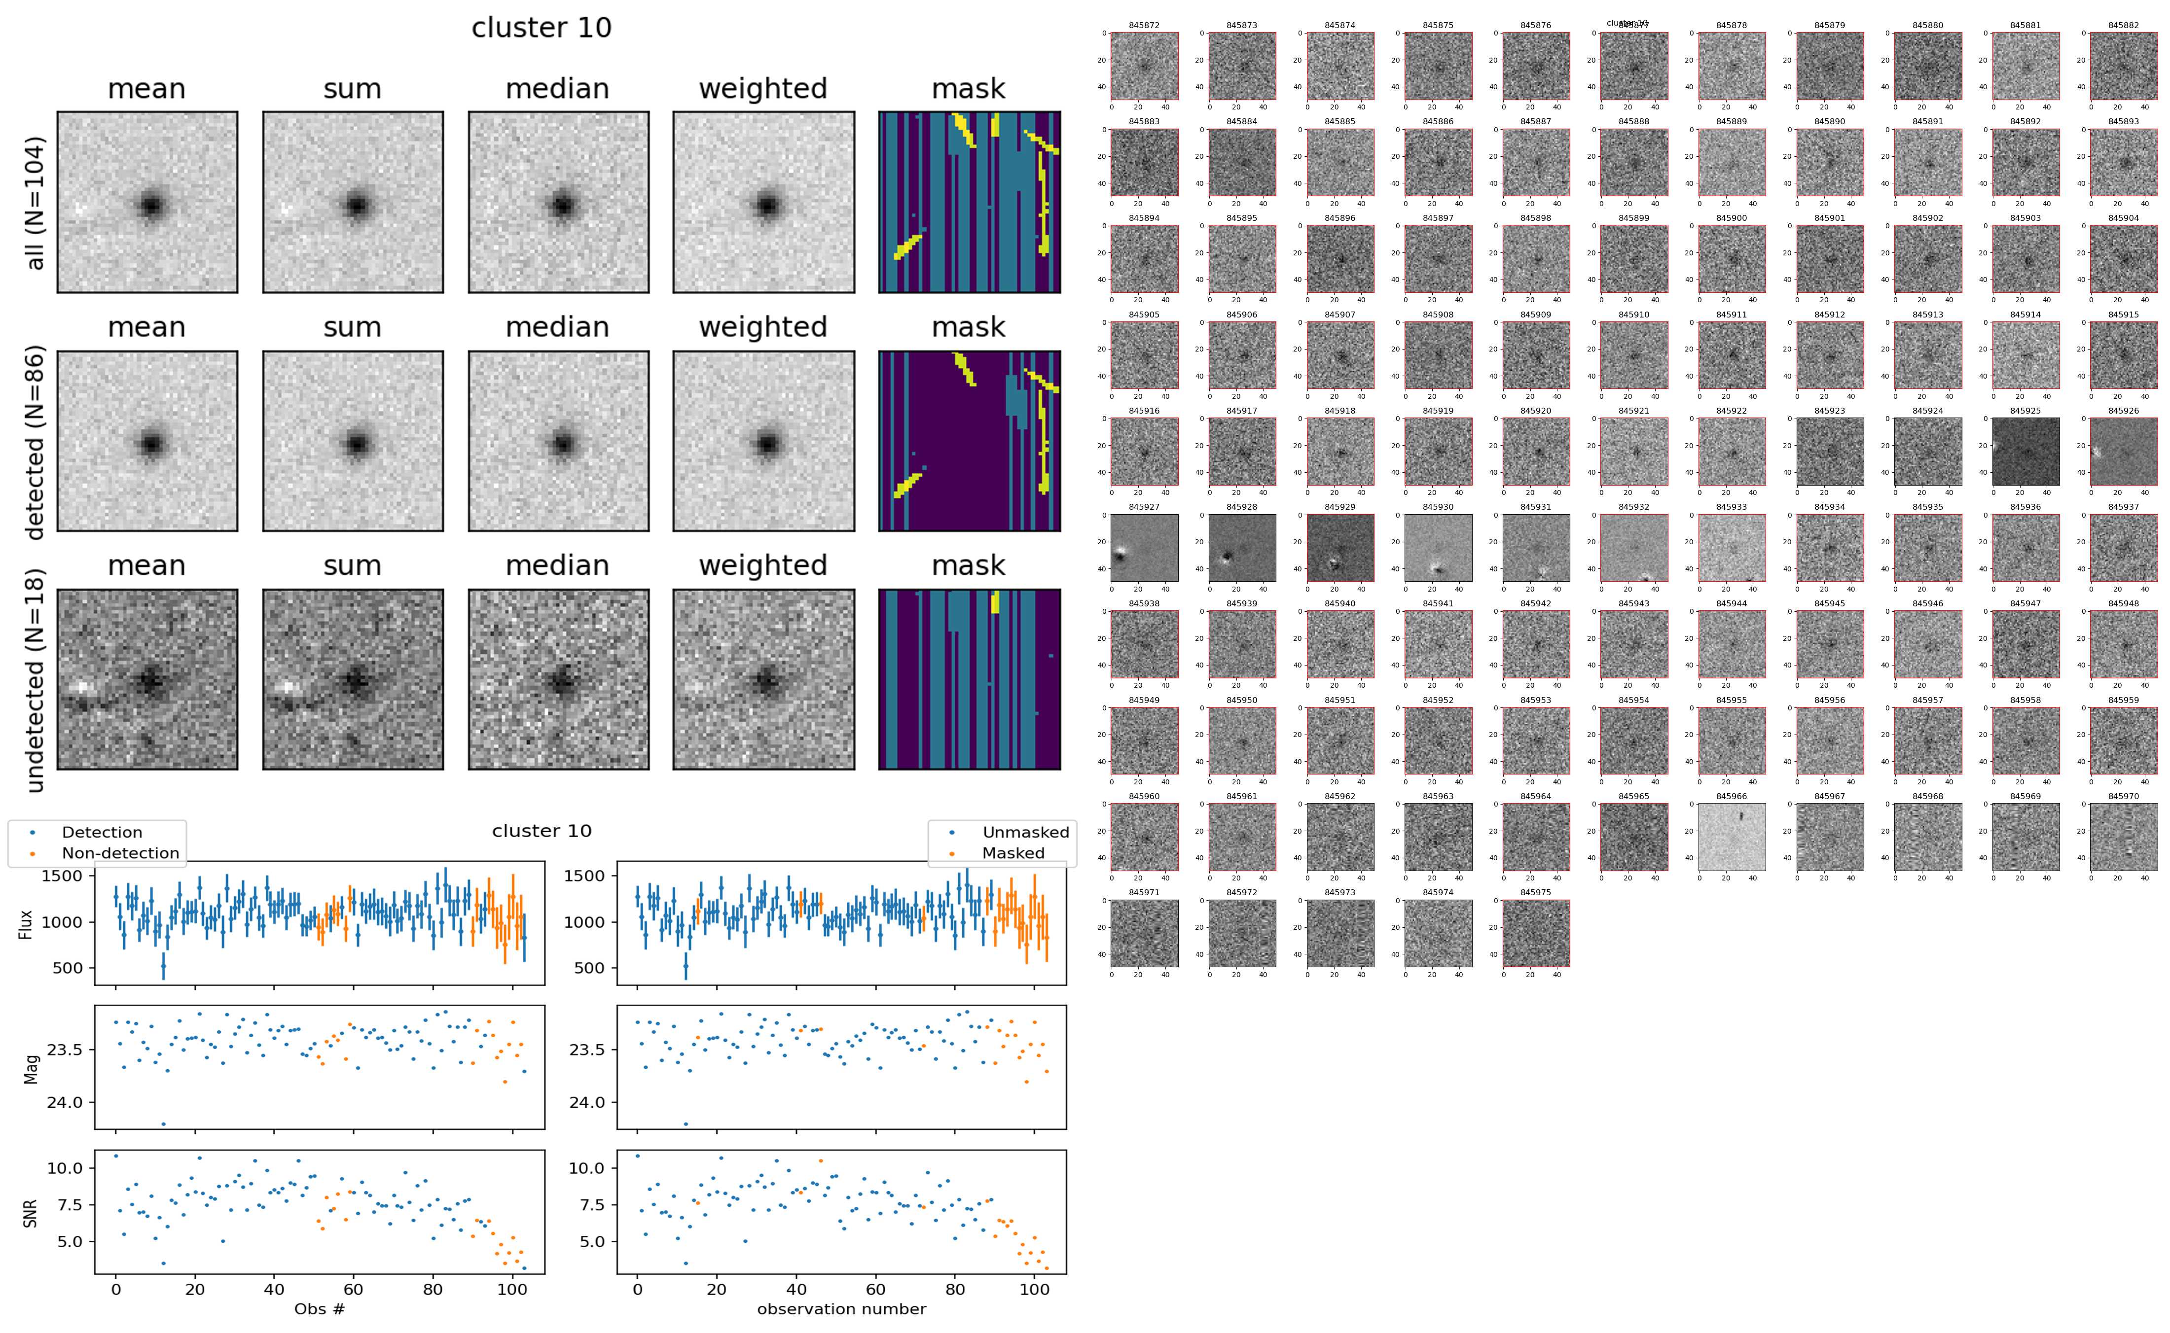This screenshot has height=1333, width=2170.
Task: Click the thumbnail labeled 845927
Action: pos(1144,548)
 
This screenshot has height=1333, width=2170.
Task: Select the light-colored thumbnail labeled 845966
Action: pos(1732,837)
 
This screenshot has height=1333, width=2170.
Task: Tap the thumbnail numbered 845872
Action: pos(1144,66)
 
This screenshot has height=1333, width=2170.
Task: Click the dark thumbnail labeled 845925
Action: pos(2025,452)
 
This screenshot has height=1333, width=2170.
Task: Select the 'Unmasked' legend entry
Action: pos(1025,832)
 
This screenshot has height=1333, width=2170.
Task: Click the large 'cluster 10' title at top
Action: pos(542,28)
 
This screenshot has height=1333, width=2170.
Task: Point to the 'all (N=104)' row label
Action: pos(36,203)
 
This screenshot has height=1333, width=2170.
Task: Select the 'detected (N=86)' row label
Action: pos(36,442)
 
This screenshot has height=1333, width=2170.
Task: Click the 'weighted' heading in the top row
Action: pos(763,89)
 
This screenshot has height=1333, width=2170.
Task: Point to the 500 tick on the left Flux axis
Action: pos(68,968)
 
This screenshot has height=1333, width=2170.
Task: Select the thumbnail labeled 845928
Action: pos(1241,548)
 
